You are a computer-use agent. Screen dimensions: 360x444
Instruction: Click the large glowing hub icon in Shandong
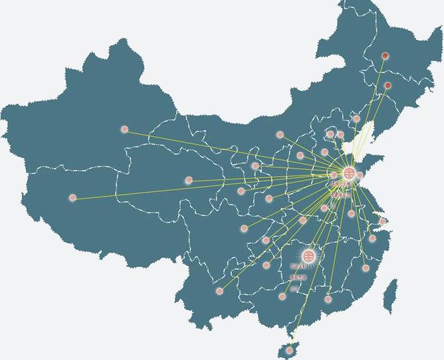click(349, 173)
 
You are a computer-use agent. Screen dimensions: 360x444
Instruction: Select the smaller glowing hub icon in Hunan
click(308, 255)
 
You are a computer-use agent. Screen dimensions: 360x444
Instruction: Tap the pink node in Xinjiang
click(124, 130)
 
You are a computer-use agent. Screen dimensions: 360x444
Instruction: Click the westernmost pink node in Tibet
click(72, 198)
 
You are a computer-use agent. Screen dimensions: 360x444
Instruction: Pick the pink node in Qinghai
click(189, 180)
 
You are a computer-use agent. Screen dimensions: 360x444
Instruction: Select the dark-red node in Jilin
click(388, 86)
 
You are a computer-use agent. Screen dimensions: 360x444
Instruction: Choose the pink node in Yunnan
click(219, 291)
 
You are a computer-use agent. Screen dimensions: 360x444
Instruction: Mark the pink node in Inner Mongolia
click(280, 135)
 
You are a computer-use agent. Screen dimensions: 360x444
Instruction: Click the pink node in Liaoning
click(356, 119)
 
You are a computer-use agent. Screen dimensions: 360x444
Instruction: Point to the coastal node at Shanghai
click(382, 221)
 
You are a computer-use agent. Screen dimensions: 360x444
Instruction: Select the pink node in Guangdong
click(328, 300)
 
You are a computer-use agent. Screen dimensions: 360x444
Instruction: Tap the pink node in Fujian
click(366, 268)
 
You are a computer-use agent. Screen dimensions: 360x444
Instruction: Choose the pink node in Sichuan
click(244, 228)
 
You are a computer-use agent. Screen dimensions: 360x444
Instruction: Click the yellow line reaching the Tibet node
click(199, 186)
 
